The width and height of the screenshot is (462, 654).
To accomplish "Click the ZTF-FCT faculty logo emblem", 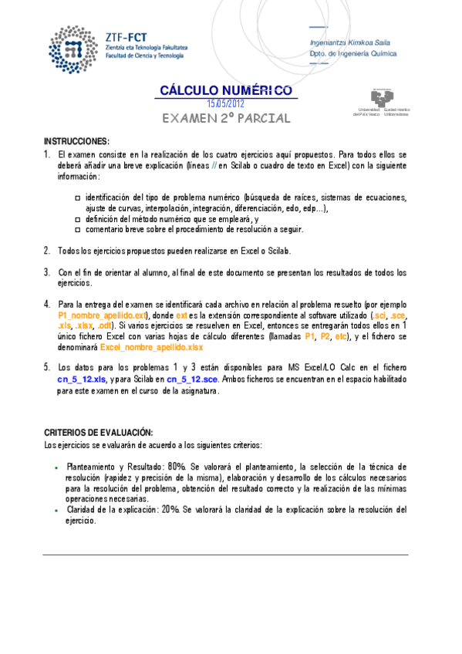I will tap(73, 47).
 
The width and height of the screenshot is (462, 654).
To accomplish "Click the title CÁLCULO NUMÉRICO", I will tap(225, 91).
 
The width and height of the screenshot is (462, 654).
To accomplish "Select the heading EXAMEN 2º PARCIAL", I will tap(226, 119).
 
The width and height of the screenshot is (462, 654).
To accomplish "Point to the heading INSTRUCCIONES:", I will tap(76, 142).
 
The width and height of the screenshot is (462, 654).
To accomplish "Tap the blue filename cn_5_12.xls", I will tap(81, 379).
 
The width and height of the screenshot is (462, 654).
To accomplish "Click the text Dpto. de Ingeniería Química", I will tap(353, 55).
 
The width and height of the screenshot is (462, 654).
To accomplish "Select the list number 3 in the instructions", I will tap(47, 272).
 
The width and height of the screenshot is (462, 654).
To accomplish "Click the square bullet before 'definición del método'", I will tap(78, 219).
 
